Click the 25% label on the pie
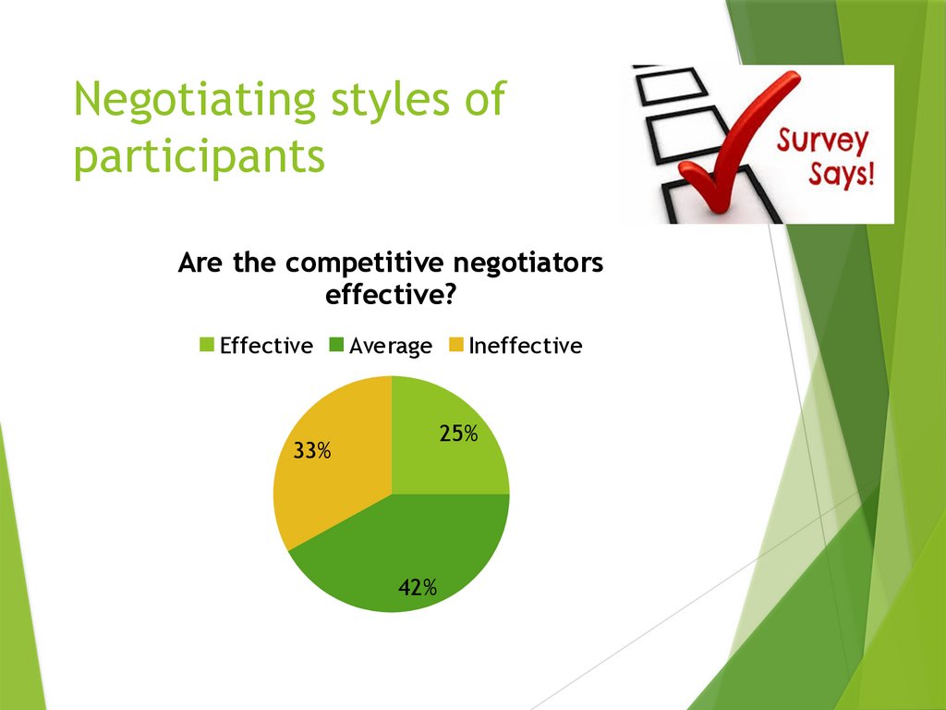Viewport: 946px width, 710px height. tap(458, 433)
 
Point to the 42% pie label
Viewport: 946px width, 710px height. tap(418, 587)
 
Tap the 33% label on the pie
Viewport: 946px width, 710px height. tap(312, 451)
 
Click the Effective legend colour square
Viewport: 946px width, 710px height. tap(208, 346)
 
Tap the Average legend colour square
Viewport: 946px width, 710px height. tap(337, 346)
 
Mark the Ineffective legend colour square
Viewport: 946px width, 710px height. tap(455, 346)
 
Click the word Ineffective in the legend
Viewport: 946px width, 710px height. tap(525, 346)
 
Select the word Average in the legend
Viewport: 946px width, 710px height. tap(391, 347)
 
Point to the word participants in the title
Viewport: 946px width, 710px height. tap(200, 156)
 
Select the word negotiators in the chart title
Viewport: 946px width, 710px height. tap(527, 263)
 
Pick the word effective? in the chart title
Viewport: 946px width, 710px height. tap(390, 295)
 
